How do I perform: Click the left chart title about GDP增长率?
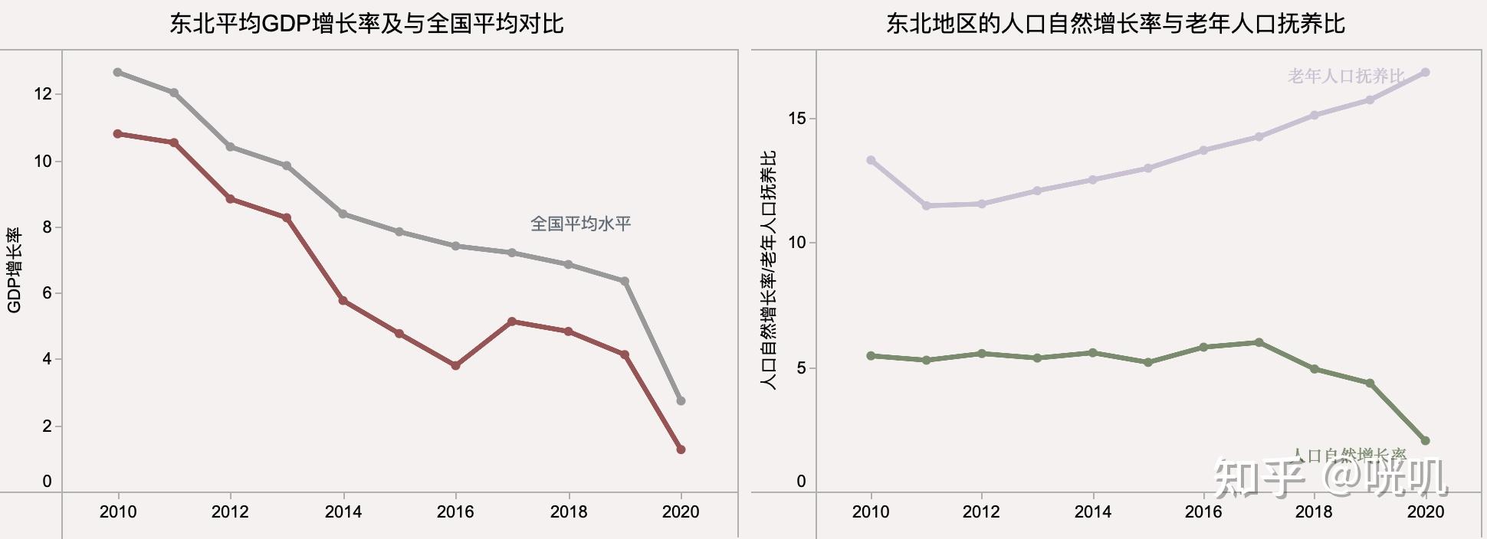[366, 23]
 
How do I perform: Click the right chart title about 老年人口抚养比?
[1115, 23]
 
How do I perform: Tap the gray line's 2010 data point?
[117, 72]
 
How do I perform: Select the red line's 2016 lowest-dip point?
[455, 366]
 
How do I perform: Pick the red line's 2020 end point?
[681, 449]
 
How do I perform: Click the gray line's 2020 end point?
[681, 401]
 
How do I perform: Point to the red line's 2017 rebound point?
[512, 322]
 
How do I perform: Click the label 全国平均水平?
[580, 224]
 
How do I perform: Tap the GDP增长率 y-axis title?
[14, 270]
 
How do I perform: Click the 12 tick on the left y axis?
[42, 94]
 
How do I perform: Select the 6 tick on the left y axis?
[47, 293]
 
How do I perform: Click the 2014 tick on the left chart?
[343, 511]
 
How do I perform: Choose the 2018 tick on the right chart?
[1314, 511]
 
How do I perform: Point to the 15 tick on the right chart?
[797, 119]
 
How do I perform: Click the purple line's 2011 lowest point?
[926, 206]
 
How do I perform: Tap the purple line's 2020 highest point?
[1425, 73]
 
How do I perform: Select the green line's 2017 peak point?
[1259, 342]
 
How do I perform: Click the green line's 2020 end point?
[1425, 441]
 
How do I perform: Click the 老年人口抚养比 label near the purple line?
[1346, 76]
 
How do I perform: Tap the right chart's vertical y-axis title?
[768, 270]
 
